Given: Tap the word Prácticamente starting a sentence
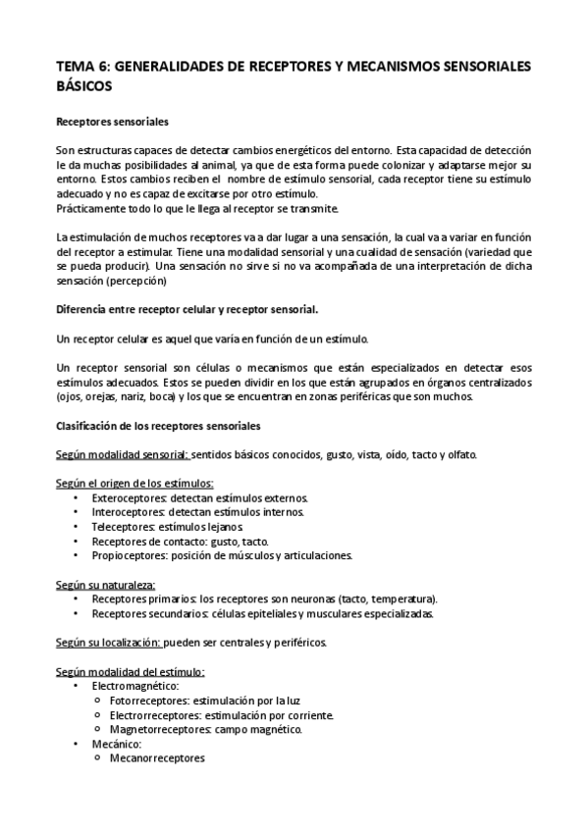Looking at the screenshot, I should coord(94,209).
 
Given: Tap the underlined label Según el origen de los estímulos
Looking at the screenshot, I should coord(134,484).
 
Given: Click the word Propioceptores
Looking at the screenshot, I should coord(129,555).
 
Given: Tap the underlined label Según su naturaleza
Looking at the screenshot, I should coord(109,585).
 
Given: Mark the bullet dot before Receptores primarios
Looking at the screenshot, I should coord(77,599).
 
